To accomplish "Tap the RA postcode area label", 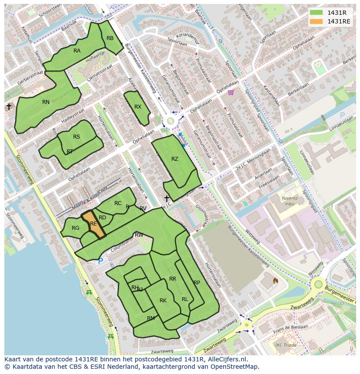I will [77, 51].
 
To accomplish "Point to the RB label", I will [110, 38].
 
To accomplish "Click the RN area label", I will [46, 102].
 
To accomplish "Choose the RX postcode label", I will [138, 107].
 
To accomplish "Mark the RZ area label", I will [175, 159].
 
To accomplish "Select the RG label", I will [76, 228].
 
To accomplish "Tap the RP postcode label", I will [197, 283].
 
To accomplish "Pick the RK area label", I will [163, 301].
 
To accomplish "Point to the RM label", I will [151, 318].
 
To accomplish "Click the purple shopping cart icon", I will [230, 92].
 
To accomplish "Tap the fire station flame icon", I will [275, 281].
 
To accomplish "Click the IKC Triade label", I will [285, 345].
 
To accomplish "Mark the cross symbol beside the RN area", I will [8, 106].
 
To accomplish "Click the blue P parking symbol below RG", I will [100, 261].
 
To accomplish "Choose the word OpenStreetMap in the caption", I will [235, 367].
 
